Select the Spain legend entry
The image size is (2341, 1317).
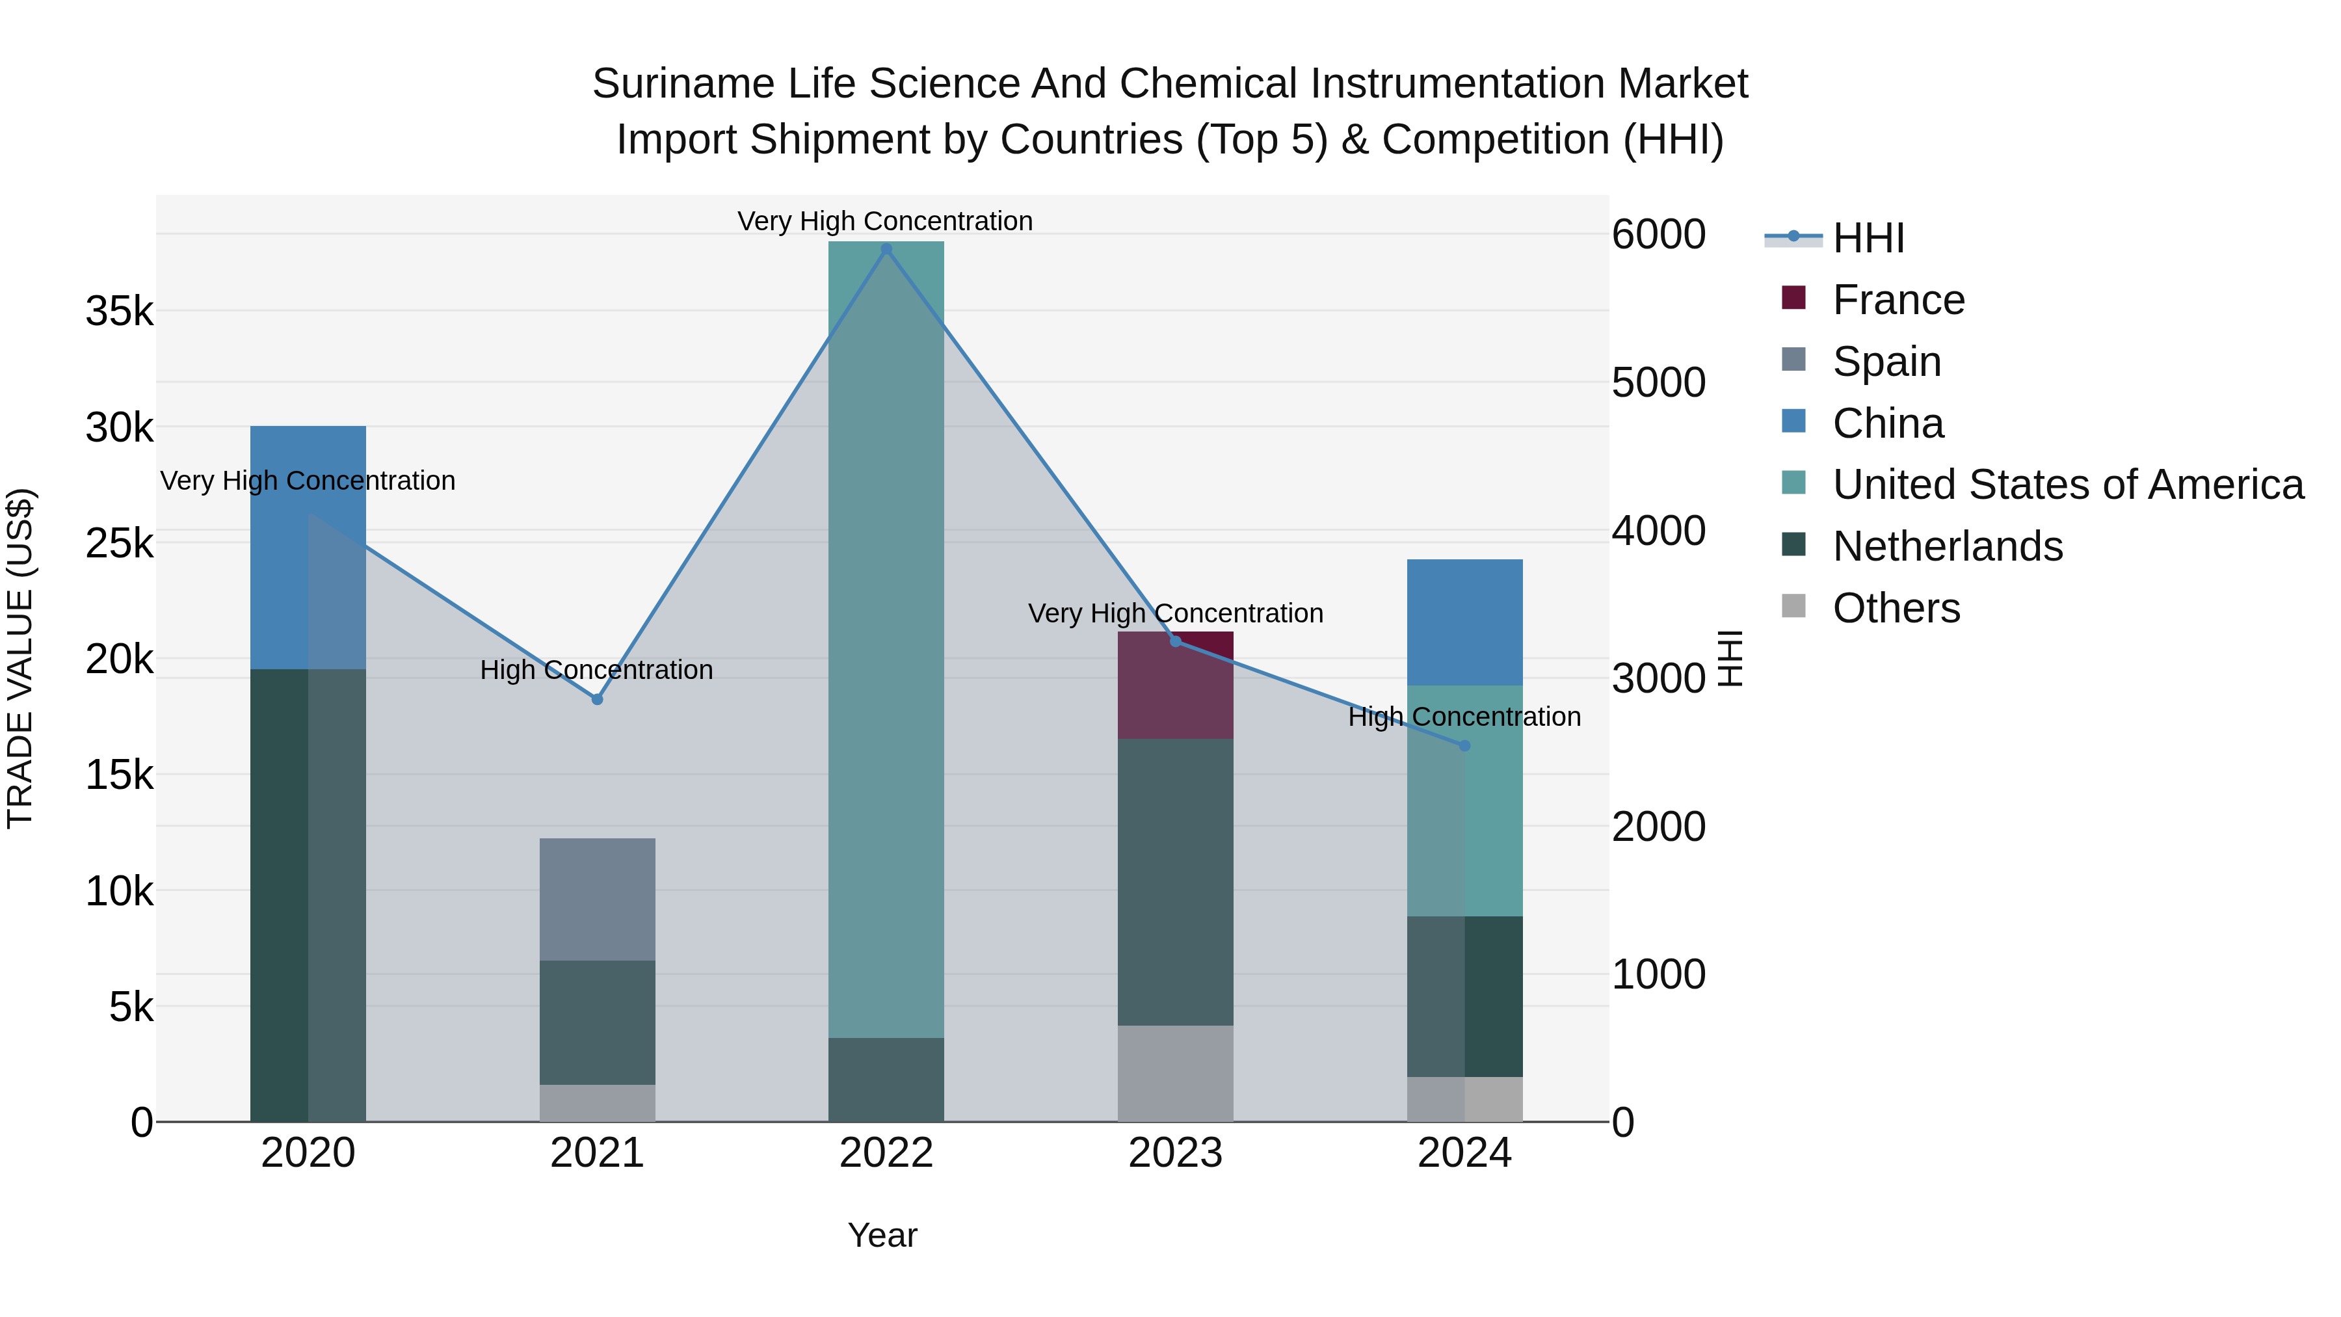pyautogui.click(x=1886, y=362)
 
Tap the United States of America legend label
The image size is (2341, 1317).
pyautogui.click(x=2067, y=485)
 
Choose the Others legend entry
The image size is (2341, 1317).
pyautogui.click(x=1896, y=608)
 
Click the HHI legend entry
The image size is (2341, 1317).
pyautogui.click(x=1868, y=238)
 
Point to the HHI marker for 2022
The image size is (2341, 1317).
pyautogui.click(x=886, y=249)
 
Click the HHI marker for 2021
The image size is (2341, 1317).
pyautogui.click(x=597, y=699)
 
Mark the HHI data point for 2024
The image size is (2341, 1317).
pyautogui.click(x=1464, y=745)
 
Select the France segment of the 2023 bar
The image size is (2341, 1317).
pyautogui.click(x=1175, y=685)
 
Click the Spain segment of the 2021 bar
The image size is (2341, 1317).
pyautogui.click(x=597, y=899)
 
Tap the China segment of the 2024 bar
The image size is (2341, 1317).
pyautogui.click(x=1464, y=622)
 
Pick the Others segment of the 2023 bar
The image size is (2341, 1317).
pyautogui.click(x=1175, y=1073)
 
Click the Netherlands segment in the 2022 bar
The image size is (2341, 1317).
pyautogui.click(x=886, y=1080)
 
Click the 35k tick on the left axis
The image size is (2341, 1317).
pyautogui.click(x=120, y=312)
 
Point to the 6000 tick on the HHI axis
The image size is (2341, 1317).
pyautogui.click(x=1658, y=235)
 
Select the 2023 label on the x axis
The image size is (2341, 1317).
pyautogui.click(x=1175, y=1153)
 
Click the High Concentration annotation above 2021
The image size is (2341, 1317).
pyautogui.click(x=596, y=670)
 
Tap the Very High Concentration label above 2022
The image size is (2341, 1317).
pyautogui.click(x=884, y=221)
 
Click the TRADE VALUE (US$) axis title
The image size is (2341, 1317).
pyautogui.click(x=20, y=658)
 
